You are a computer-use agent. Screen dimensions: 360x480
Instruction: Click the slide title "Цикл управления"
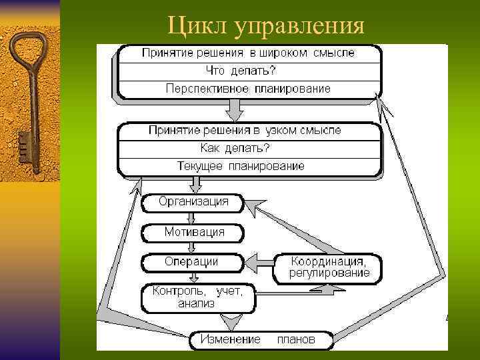click(x=266, y=26)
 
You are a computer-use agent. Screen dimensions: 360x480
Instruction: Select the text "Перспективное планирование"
click(x=248, y=88)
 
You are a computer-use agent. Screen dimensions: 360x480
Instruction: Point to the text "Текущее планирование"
click(x=241, y=165)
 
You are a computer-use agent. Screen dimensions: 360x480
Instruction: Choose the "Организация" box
click(x=193, y=201)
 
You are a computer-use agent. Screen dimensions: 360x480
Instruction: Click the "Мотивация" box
click(x=193, y=233)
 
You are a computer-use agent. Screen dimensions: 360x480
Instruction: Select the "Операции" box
click(x=191, y=262)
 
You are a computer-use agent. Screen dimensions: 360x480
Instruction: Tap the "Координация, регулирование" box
click(x=329, y=266)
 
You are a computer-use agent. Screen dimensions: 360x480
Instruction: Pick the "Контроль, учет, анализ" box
click(x=197, y=297)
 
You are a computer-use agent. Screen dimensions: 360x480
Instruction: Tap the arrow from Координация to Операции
click(x=259, y=262)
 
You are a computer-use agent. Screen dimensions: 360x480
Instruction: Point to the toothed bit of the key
click(x=23, y=143)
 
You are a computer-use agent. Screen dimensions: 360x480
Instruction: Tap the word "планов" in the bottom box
click(x=295, y=339)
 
